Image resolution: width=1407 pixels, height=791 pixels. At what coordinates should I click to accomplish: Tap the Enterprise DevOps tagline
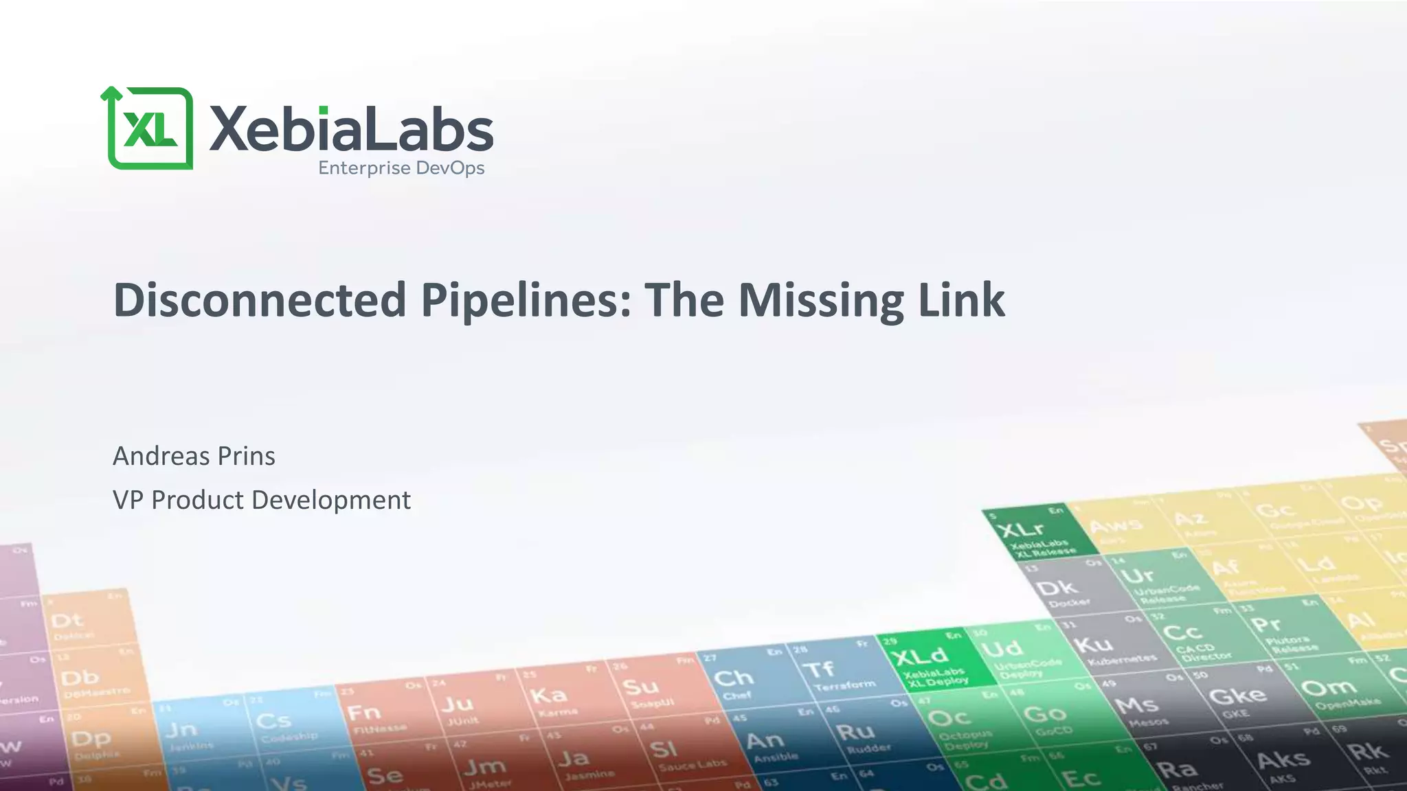coord(401,168)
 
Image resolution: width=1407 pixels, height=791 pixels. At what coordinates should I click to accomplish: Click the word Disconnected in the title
coord(260,300)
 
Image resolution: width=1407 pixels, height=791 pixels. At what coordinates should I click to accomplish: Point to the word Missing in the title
coord(821,300)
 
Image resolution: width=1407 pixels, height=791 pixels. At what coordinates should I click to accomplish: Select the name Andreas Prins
coord(194,456)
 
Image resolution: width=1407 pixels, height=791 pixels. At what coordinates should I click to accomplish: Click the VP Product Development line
coord(261,500)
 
